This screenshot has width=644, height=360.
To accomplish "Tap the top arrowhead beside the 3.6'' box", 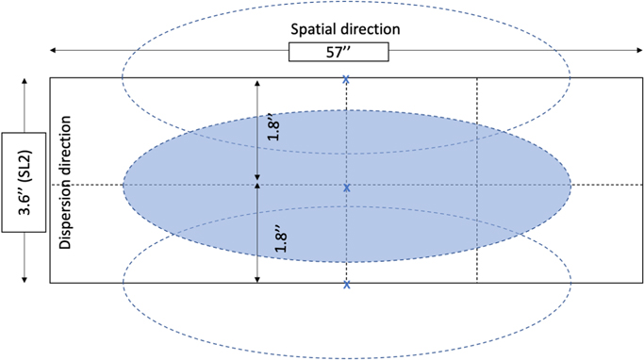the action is [x=24, y=82].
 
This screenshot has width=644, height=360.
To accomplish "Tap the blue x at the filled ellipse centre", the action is [x=347, y=188].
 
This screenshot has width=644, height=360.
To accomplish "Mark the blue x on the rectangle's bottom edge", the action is [x=347, y=283].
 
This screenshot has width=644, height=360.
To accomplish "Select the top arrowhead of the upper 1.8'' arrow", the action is [x=257, y=83].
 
